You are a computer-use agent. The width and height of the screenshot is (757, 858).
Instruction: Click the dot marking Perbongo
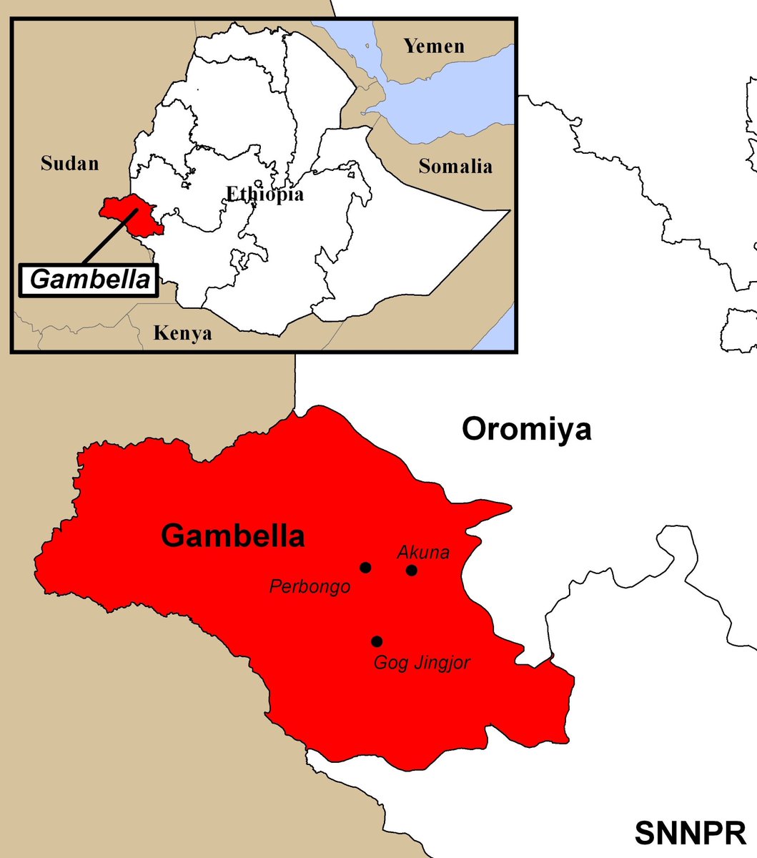click(366, 568)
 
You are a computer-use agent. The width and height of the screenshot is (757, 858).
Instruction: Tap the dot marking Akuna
click(412, 570)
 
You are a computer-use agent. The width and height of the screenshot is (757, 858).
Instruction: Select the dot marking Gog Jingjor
click(377, 641)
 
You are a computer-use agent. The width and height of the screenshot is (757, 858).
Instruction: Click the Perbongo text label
click(310, 587)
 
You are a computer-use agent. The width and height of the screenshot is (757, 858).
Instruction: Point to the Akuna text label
click(423, 552)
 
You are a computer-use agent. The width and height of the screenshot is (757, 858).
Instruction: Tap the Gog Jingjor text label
click(422, 664)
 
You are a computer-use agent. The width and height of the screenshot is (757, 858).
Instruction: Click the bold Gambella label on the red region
click(233, 536)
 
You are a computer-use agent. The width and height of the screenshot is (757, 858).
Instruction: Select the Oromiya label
click(526, 430)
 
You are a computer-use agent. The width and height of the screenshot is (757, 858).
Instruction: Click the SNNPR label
click(690, 833)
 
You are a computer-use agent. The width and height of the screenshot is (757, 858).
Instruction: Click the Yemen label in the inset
click(434, 46)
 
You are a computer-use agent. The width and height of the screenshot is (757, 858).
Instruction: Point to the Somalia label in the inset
click(455, 167)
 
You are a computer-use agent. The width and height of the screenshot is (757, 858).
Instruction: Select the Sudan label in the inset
click(69, 164)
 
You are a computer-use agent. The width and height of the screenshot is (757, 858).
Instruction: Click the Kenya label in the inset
click(183, 333)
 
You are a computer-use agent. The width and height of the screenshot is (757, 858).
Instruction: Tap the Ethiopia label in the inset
click(265, 194)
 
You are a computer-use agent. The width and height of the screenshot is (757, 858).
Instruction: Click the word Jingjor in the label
click(443, 664)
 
